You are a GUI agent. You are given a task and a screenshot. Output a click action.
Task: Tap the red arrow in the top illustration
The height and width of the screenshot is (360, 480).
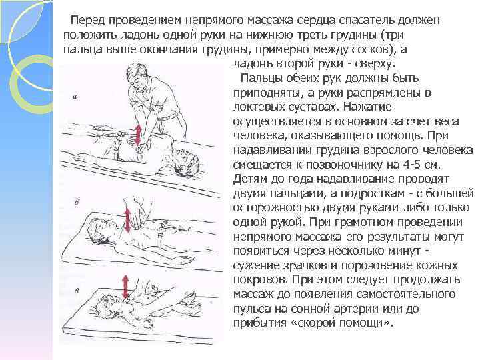click(138, 134)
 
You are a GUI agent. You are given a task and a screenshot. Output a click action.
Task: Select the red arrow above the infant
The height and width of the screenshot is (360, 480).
click(125, 287)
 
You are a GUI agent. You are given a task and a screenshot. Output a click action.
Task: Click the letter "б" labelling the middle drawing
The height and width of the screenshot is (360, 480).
click(77, 203)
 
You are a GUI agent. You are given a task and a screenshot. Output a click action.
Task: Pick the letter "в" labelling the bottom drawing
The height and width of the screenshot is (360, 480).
click(77, 291)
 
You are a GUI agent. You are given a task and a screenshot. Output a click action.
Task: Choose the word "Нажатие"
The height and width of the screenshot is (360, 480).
click(367, 107)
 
